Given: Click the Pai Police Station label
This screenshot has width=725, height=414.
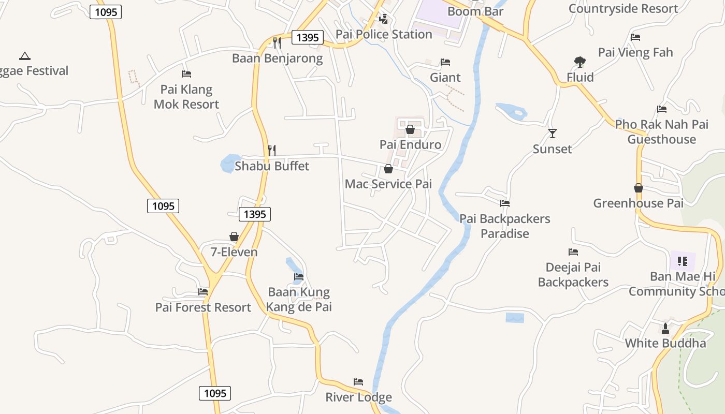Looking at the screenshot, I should point(384,34).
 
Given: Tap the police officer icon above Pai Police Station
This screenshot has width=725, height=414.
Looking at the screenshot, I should point(383,19).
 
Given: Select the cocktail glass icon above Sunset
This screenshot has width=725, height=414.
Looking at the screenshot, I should point(553,134).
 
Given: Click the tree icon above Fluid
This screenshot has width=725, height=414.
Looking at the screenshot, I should point(579,62).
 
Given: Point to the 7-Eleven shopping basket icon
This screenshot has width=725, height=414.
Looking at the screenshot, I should point(234,236).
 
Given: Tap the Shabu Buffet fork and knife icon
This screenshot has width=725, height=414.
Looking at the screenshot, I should point(272,151).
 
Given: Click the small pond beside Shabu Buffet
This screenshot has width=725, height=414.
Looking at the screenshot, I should point(228,164).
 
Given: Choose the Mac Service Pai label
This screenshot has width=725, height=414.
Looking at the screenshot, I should point(388,184).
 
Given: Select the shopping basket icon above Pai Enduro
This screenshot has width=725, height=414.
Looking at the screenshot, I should point(410,129).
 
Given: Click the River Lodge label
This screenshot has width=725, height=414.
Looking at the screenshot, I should point(358,397).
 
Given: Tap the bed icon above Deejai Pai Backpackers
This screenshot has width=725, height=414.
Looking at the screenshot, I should point(573,252).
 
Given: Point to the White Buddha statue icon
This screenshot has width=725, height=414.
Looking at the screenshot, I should point(665,328).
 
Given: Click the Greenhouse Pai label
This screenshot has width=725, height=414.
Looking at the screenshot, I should point(638,203).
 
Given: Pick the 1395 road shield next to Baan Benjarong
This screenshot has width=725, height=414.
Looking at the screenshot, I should point(308,37).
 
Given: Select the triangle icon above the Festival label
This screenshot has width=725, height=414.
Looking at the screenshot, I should point(24,56).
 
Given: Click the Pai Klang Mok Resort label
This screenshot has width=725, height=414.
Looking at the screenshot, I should point(186,97).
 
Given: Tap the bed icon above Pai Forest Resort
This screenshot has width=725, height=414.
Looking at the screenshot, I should point(203,292).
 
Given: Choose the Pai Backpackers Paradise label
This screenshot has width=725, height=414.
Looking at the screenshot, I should point(505,226).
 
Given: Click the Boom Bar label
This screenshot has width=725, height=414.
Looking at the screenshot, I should point(475,11).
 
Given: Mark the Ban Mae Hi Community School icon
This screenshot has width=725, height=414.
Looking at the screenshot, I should point(683,261).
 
